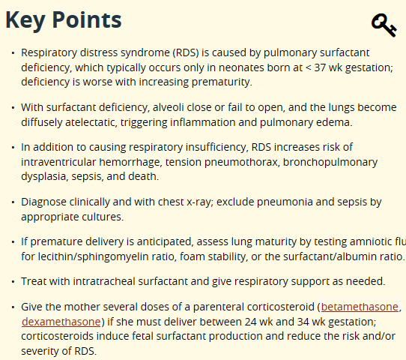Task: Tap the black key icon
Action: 384,25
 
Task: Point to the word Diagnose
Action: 44,202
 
